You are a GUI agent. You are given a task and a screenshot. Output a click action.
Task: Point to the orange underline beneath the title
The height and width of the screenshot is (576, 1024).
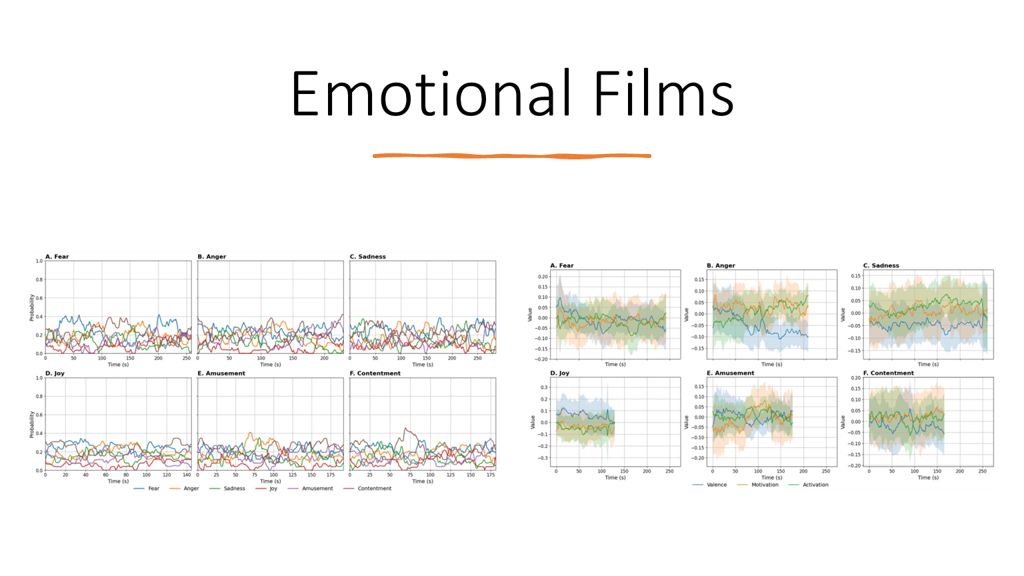coord(511,156)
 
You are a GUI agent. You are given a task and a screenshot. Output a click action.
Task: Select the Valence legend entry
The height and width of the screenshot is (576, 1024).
coord(716,485)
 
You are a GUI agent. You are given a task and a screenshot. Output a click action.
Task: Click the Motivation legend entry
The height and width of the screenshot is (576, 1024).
coord(764,485)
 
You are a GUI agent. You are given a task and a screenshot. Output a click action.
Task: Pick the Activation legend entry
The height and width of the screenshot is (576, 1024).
coord(815,485)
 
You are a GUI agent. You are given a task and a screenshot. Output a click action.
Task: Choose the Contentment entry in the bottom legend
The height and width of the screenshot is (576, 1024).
coord(374,489)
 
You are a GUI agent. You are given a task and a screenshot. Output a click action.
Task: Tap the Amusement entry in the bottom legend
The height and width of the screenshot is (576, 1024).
coord(317,489)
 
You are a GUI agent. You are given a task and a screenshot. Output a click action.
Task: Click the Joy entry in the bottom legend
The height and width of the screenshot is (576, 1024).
coord(273,489)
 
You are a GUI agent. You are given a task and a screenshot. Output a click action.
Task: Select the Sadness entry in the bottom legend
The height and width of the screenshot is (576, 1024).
coord(234,489)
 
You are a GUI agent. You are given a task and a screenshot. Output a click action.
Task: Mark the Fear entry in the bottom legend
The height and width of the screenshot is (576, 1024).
coord(153,489)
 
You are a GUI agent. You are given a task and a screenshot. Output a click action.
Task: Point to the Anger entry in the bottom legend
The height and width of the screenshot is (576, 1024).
coord(191,489)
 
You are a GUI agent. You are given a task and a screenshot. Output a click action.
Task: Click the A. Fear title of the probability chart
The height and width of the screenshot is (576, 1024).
coord(57,257)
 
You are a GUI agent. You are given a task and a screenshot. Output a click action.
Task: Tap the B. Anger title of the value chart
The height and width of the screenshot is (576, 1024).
coord(721,265)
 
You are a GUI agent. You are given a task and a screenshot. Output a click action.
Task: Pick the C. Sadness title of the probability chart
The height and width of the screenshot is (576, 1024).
coord(368,257)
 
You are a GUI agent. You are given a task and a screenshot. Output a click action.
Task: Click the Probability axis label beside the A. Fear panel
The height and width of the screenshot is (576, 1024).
coord(31,307)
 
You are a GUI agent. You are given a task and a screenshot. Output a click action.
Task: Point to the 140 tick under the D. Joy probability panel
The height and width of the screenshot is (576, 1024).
coord(187,475)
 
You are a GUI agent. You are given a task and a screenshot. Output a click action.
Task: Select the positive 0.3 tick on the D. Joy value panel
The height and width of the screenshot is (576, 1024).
coord(544,387)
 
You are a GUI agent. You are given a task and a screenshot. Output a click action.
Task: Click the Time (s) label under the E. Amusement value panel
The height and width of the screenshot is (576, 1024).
coord(772,477)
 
